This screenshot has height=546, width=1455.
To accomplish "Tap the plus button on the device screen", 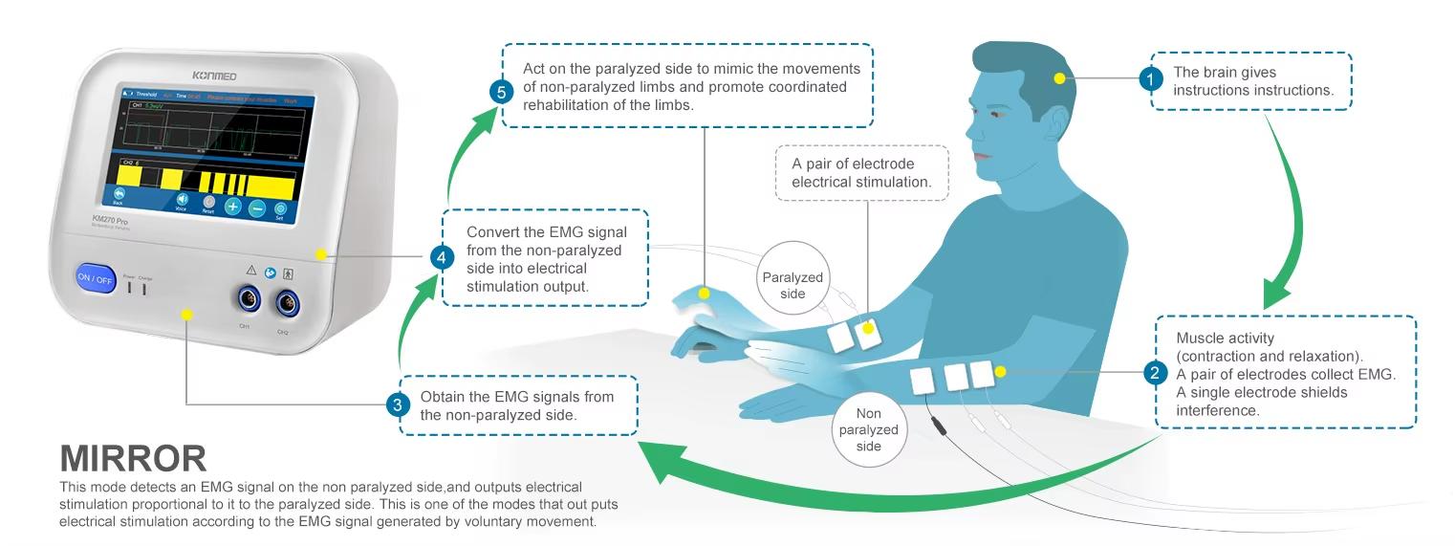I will point(232,206).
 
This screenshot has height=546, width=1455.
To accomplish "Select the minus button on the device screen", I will point(256,207).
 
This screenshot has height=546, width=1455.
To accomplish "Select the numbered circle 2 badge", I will point(1155,372).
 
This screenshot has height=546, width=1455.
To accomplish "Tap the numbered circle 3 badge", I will point(399,404).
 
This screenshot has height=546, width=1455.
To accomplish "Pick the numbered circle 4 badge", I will point(440,256).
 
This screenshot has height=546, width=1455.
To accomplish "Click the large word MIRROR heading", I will point(133,459).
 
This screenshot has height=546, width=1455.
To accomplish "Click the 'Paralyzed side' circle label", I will point(793,285).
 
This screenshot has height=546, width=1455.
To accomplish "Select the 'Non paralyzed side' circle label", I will point(869,430).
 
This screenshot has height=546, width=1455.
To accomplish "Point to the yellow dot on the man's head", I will point(1060,78).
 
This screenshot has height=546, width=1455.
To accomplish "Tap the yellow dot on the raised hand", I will point(705,294).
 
